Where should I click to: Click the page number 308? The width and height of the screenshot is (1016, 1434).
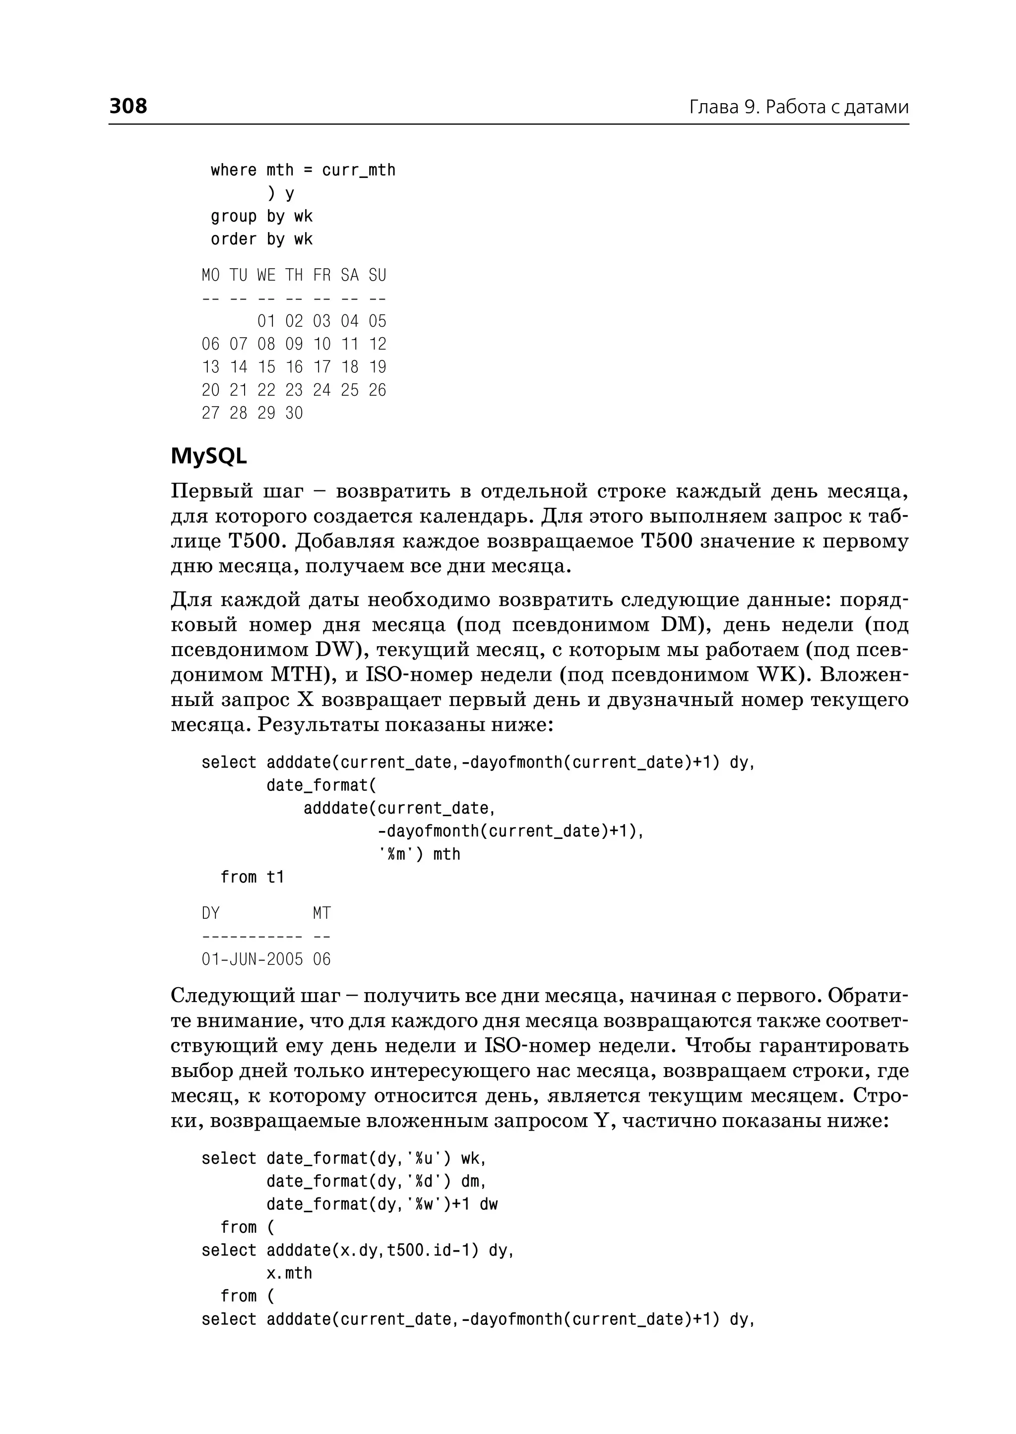(128, 106)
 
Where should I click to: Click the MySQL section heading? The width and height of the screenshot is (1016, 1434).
(208, 457)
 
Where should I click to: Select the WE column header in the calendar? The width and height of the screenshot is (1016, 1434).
(266, 275)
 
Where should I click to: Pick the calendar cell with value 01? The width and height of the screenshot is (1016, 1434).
(266, 321)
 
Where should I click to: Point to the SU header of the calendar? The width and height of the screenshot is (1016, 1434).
(377, 275)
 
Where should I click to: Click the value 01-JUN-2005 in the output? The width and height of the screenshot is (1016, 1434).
(252, 959)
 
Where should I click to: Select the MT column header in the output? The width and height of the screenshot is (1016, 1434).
(321, 914)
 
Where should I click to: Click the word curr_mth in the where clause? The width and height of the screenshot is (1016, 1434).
(359, 170)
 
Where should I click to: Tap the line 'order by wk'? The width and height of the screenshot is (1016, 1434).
(261, 239)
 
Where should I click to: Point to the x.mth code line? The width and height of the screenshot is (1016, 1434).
(289, 1273)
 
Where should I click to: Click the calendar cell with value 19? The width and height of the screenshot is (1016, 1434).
(377, 367)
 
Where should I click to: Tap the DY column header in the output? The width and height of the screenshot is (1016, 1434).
(211, 914)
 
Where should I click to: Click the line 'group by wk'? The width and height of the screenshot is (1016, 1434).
(261, 216)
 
